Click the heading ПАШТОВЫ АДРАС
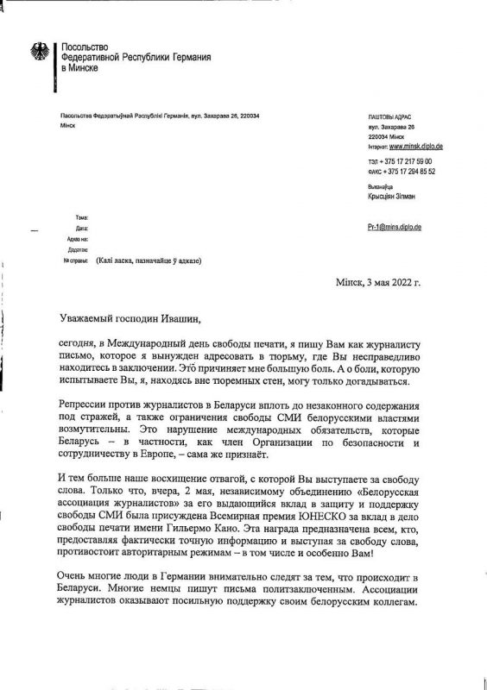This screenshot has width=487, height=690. click(391, 116)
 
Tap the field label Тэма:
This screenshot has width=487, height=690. click(82, 217)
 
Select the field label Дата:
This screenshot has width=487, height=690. click(82, 228)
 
